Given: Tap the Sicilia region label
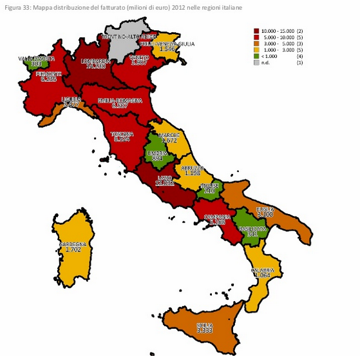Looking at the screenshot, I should pyautogui.click(x=205, y=324).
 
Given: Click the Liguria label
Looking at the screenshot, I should pyautogui.click(x=71, y=100).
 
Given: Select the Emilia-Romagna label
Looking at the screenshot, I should pyautogui.click(x=120, y=101).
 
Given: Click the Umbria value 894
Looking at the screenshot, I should pyautogui.click(x=157, y=159).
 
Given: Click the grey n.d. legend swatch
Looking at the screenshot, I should pyautogui.click(x=257, y=62).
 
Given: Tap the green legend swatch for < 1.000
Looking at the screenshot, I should pyautogui.click(x=257, y=56).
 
